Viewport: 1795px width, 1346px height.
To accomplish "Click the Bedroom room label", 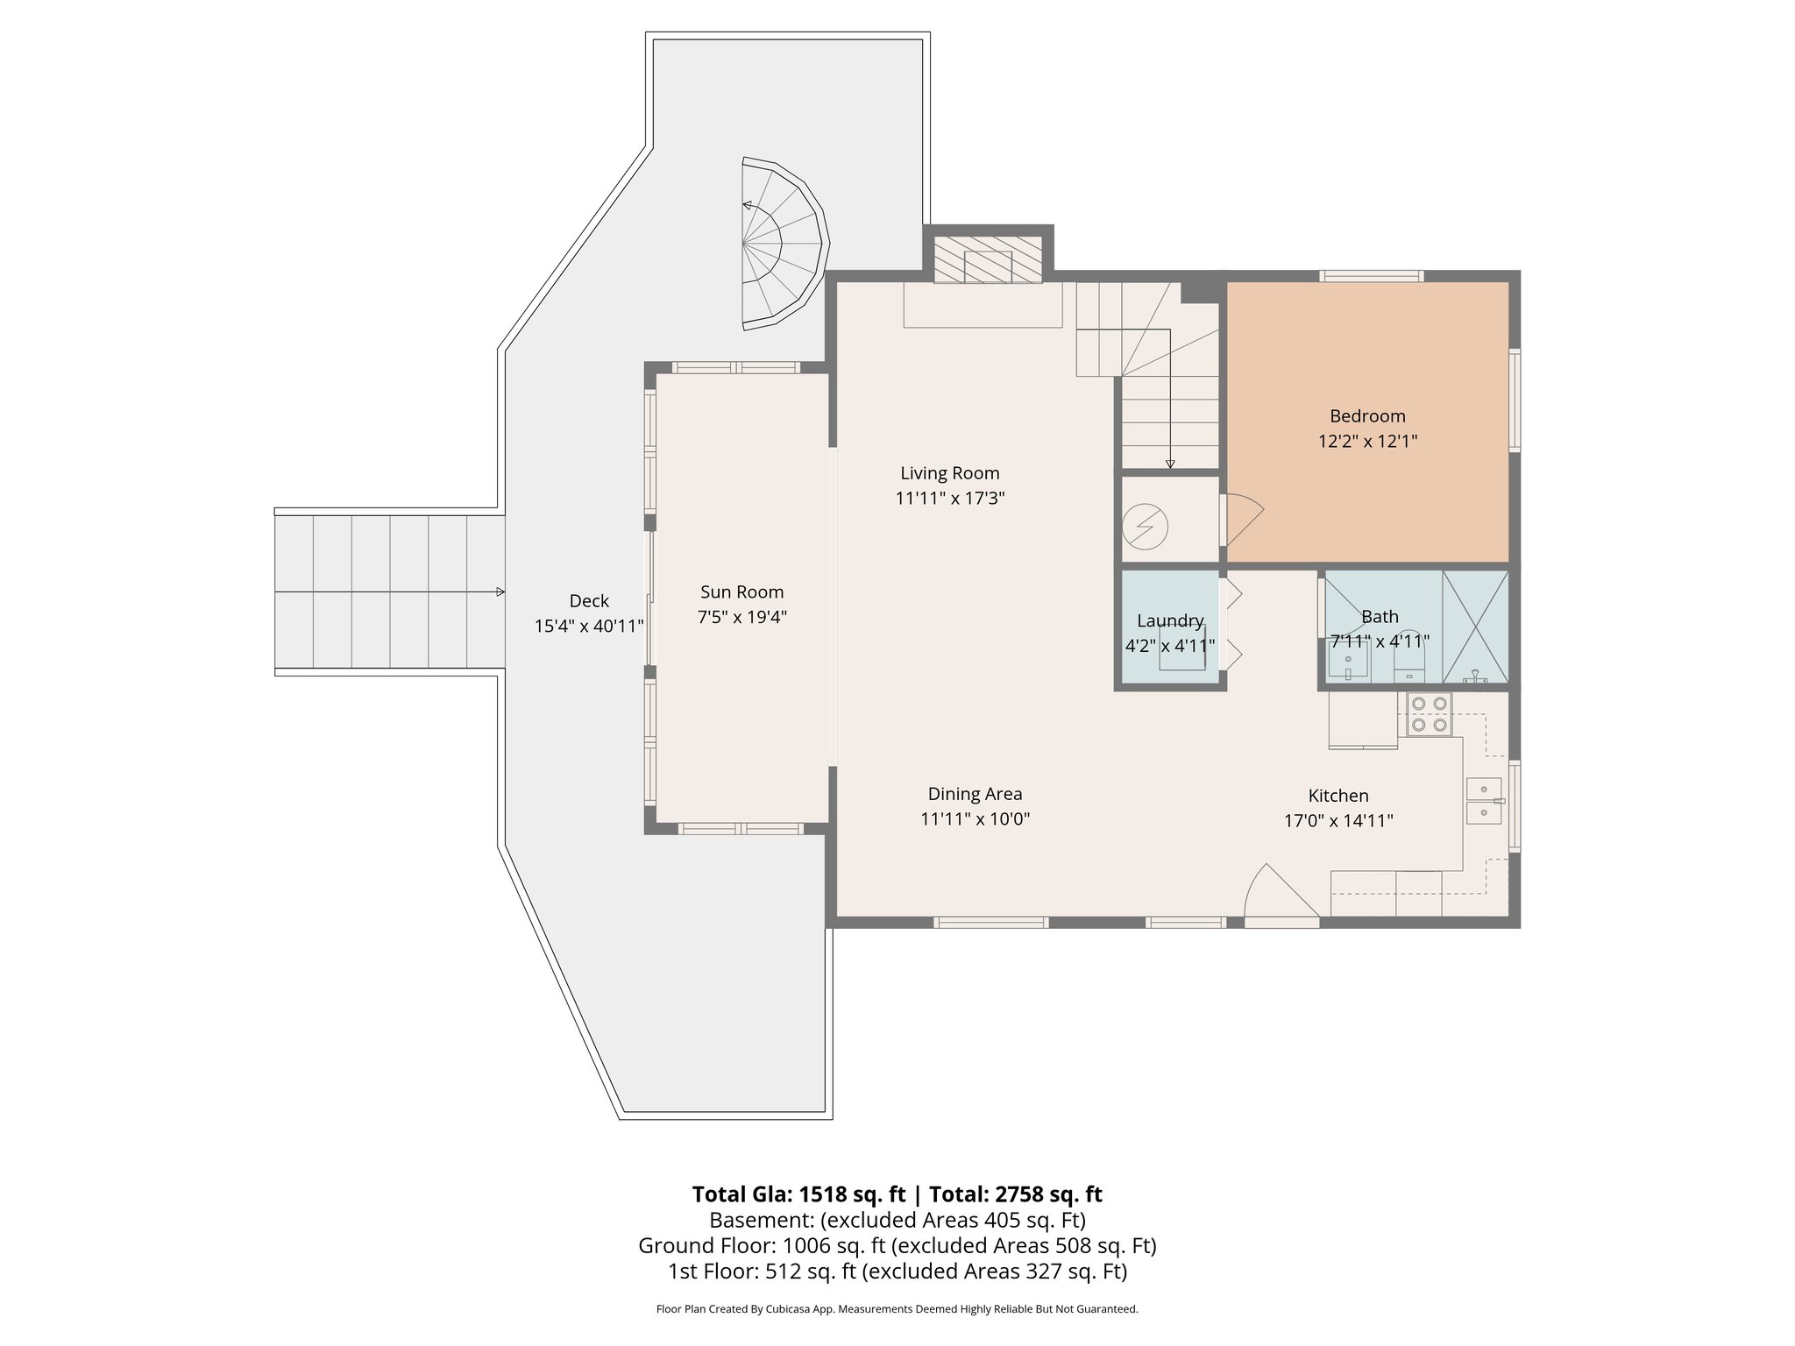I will [x=1366, y=416].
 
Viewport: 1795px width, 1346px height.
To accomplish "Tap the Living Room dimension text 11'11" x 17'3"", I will [x=949, y=499].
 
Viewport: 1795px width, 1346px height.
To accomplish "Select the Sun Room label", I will [x=741, y=592].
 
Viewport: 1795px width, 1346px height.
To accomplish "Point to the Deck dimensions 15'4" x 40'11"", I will [x=589, y=627].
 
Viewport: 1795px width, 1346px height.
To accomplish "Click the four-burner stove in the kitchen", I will [x=1430, y=713].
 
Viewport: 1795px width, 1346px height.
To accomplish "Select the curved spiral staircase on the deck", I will [x=783, y=244].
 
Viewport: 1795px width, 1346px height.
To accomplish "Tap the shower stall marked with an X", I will [x=1475, y=627].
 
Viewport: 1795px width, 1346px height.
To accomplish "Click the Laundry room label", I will [x=1169, y=621].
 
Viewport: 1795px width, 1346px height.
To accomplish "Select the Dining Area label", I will [x=975, y=794].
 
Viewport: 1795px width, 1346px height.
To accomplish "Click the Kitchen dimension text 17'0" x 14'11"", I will [x=1337, y=821].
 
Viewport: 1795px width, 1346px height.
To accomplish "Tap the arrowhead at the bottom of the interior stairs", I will [x=1170, y=464].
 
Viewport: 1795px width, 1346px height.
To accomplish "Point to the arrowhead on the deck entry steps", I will [x=500, y=592].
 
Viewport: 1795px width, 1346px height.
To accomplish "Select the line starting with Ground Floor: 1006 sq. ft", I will [x=897, y=1245].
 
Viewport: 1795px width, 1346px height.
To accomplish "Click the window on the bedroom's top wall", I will [x=1372, y=277].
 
